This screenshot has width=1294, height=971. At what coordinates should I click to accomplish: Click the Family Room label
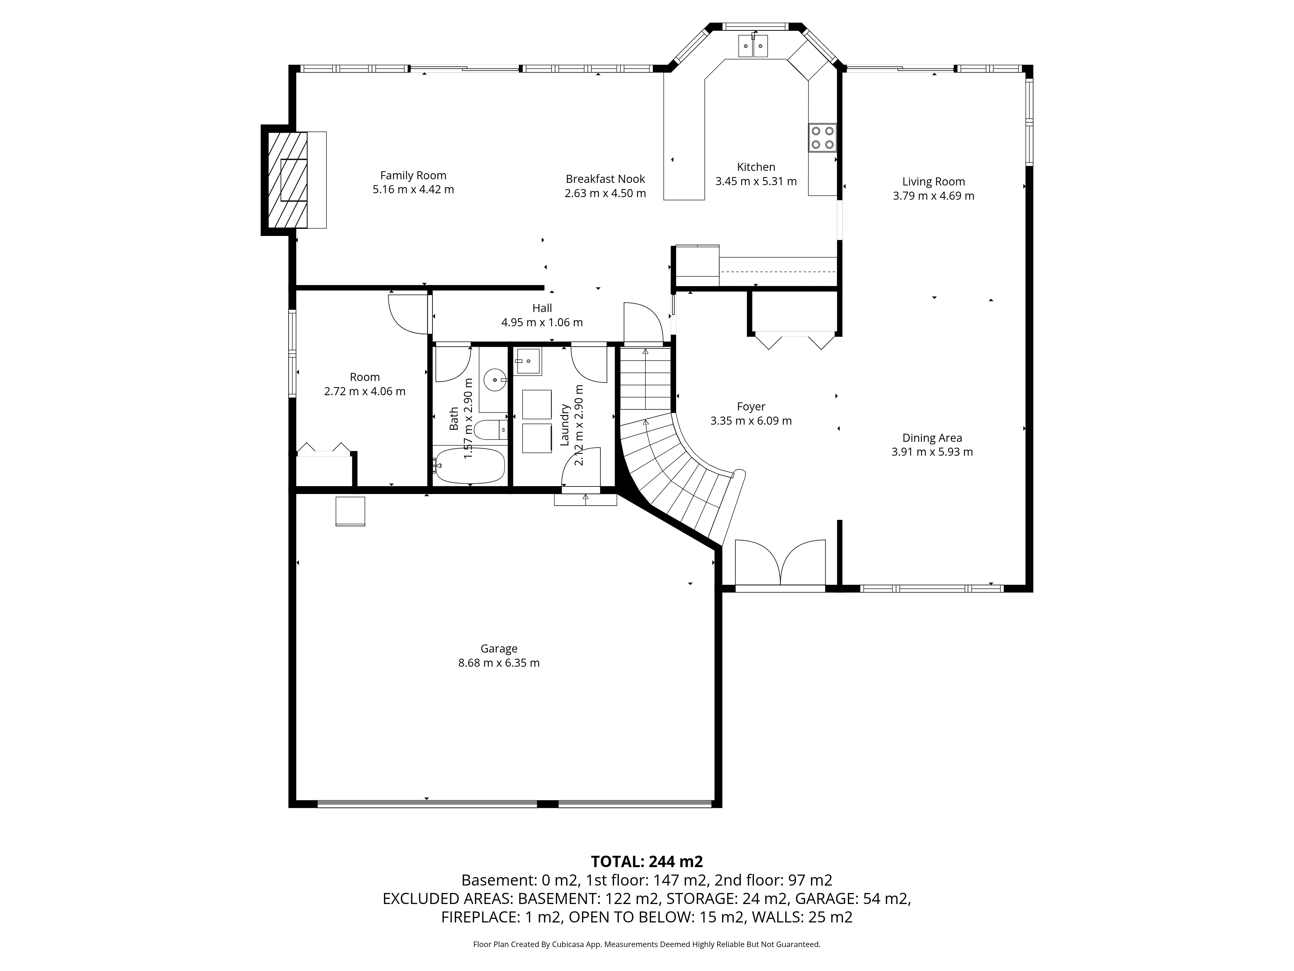[x=413, y=175]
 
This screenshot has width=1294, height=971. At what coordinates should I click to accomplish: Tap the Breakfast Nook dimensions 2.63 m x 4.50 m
[x=606, y=193]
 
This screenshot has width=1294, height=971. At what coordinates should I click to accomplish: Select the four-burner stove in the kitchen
[x=822, y=138]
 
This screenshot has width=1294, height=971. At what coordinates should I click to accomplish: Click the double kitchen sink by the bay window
[x=753, y=46]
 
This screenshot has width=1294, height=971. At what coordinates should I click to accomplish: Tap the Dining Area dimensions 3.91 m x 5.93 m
[x=932, y=452]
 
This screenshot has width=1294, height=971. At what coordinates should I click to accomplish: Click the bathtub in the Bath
[x=470, y=466]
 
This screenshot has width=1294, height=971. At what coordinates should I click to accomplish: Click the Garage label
[x=499, y=649]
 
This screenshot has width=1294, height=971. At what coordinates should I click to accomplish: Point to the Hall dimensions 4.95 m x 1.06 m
[x=542, y=322]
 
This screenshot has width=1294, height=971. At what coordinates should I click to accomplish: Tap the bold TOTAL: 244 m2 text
[x=647, y=862]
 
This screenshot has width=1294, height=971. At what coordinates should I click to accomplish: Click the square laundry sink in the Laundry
[x=528, y=362]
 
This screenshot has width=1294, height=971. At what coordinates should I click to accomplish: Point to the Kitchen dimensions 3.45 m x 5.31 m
[x=756, y=182]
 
